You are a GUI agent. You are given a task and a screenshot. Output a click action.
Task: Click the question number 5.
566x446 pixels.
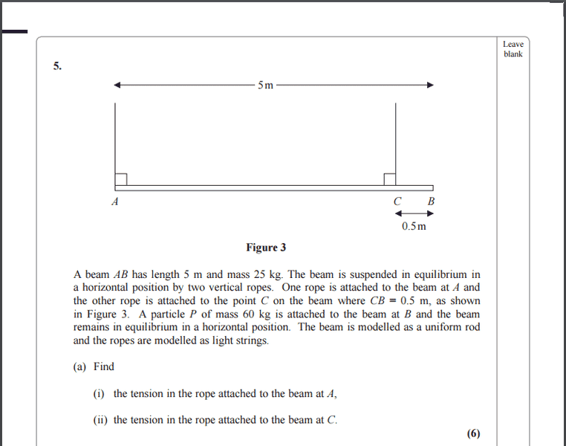click(x=57, y=66)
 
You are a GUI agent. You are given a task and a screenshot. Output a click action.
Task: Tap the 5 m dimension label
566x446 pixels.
click(x=265, y=85)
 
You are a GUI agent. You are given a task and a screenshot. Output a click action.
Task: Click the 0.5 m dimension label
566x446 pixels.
click(x=414, y=226)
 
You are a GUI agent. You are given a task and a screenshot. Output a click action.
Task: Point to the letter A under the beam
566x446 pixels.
click(x=115, y=201)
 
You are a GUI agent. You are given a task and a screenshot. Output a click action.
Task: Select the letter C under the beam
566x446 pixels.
click(x=397, y=201)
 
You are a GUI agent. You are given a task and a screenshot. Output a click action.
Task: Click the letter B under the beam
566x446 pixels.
click(x=432, y=201)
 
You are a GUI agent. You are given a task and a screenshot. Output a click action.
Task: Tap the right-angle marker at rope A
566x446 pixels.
click(x=121, y=179)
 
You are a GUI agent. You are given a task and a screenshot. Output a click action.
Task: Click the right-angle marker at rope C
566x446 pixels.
click(x=389, y=179)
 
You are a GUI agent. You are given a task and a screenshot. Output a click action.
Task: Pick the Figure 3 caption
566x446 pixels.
click(x=266, y=248)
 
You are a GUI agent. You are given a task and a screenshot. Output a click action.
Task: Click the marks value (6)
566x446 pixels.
click(x=474, y=434)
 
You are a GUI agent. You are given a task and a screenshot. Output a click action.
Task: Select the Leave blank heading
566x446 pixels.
click(x=513, y=49)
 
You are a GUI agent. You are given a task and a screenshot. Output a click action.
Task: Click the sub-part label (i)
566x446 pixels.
click(x=99, y=393)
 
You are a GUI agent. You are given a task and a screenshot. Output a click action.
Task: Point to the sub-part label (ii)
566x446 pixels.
click(x=100, y=420)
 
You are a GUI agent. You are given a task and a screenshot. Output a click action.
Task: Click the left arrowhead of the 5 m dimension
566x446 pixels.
click(x=117, y=85)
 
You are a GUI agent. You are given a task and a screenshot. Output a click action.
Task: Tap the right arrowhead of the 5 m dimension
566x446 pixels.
click(x=429, y=85)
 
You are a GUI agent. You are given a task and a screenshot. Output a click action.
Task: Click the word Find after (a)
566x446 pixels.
click(x=104, y=366)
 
